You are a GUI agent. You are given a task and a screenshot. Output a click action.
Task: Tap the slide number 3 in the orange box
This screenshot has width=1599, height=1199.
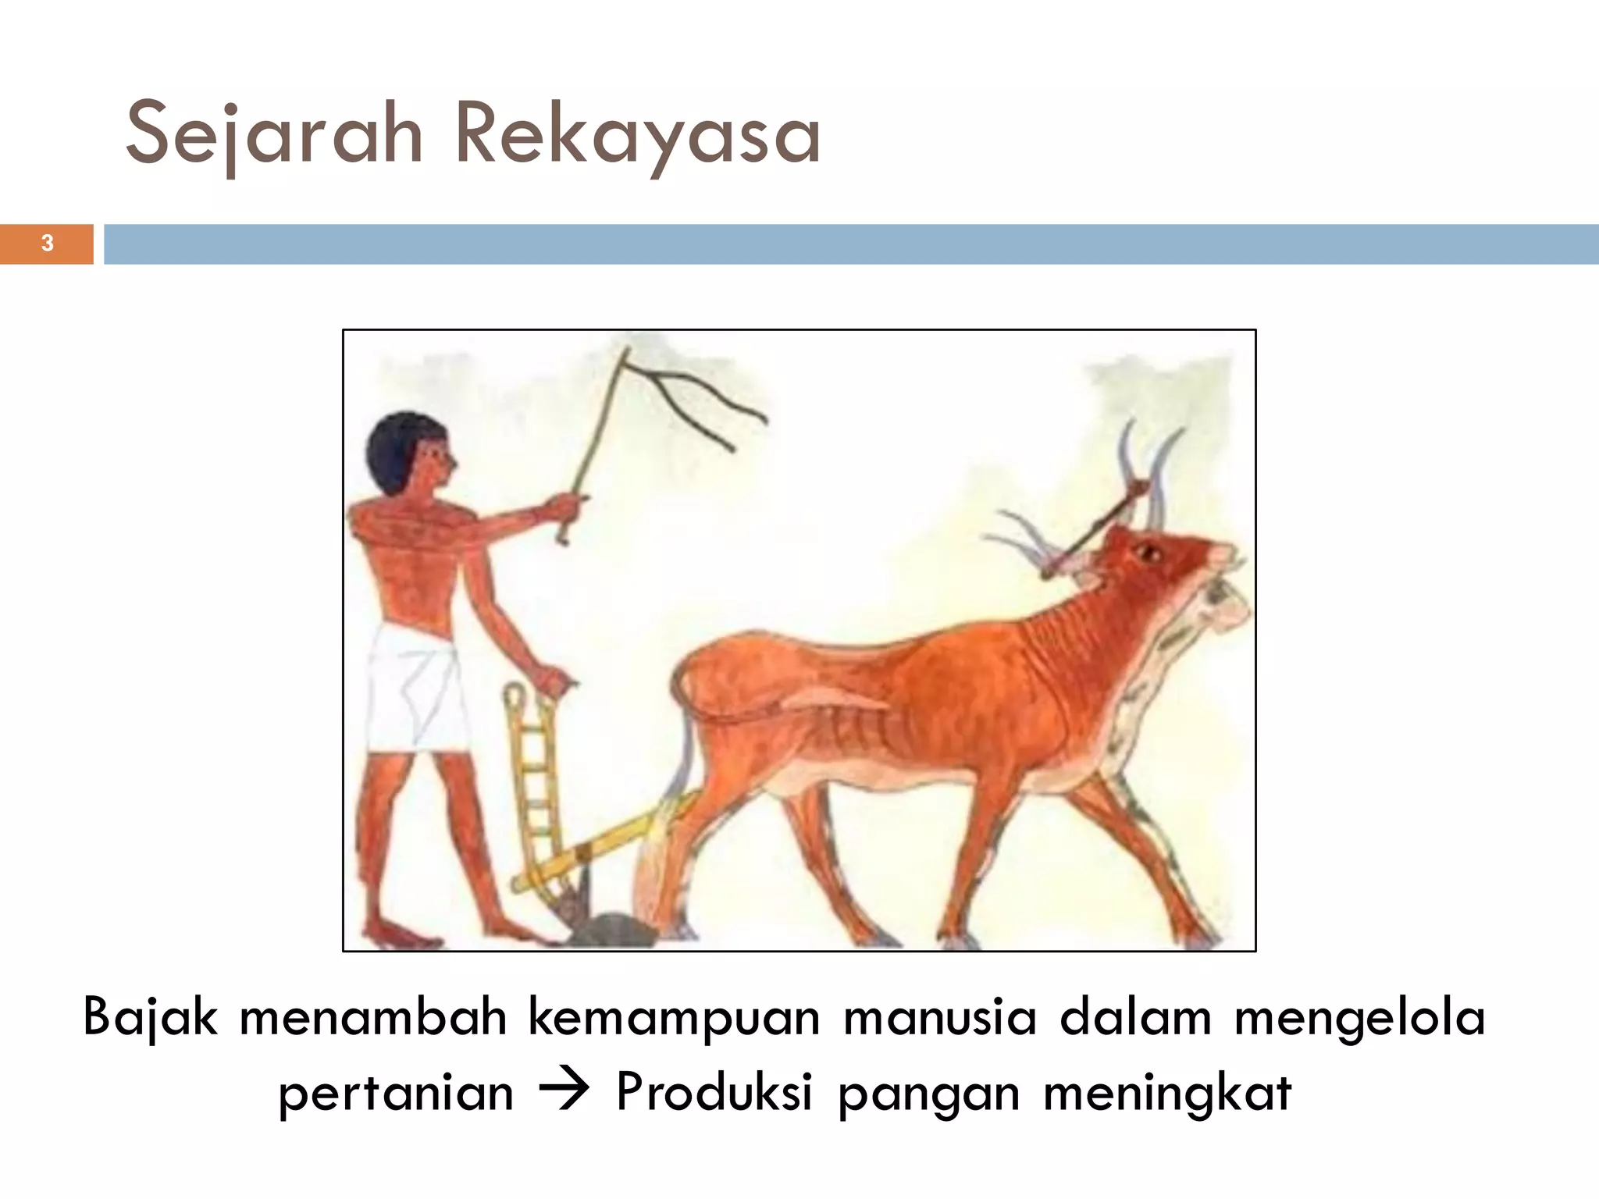[x=47, y=244]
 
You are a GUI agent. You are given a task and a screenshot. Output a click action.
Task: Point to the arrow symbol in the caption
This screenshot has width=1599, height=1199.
[x=564, y=1091]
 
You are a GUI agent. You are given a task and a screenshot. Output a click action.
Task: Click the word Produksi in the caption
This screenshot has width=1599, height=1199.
[x=714, y=1091]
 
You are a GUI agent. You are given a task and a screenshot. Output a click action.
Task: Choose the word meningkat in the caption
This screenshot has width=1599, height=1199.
[x=1167, y=1091]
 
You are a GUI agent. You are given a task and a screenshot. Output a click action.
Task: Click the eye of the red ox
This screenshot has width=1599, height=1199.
[x=1149, y=553]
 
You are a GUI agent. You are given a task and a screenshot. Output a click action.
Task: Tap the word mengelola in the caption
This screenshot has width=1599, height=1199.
[x=1359, y=1018]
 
